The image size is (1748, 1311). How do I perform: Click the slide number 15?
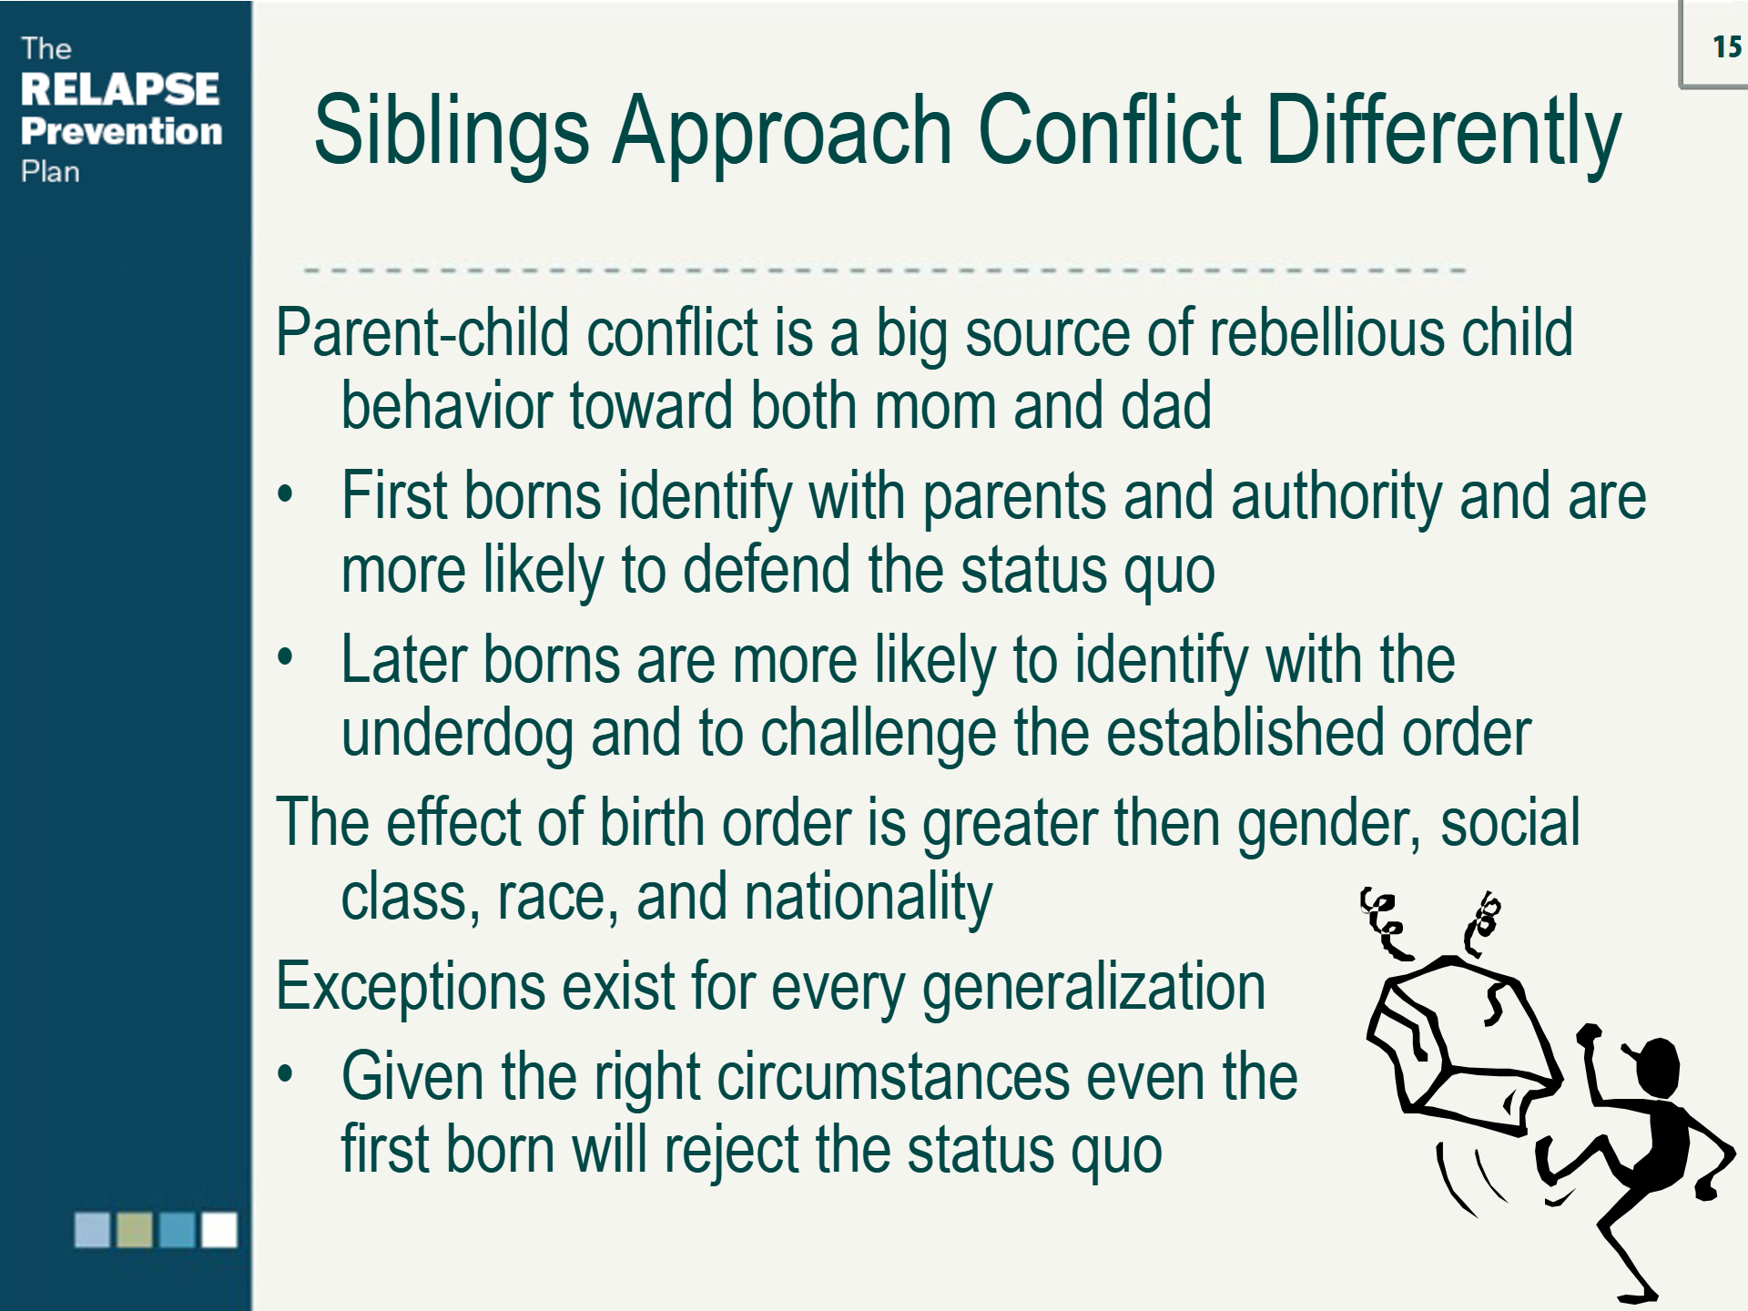coord(1726,46)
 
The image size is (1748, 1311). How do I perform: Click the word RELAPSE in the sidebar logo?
coord(119,89)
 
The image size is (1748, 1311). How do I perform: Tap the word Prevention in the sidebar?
coord(121,131)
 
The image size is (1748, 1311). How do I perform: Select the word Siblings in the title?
coord(452,132)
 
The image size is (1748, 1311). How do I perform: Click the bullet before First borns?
coord(286,494)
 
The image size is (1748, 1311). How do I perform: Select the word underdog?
coord(457,734)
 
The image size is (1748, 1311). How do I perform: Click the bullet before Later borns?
coord(286,656)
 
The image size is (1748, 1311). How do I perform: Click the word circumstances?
coord(893,1077)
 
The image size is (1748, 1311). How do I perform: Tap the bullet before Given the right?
coord(286,1074)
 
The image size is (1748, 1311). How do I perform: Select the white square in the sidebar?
coord(219,1230)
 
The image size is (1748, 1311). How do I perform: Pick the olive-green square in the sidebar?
coord(135,1230)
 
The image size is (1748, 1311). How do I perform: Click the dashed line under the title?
coord(883,270)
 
